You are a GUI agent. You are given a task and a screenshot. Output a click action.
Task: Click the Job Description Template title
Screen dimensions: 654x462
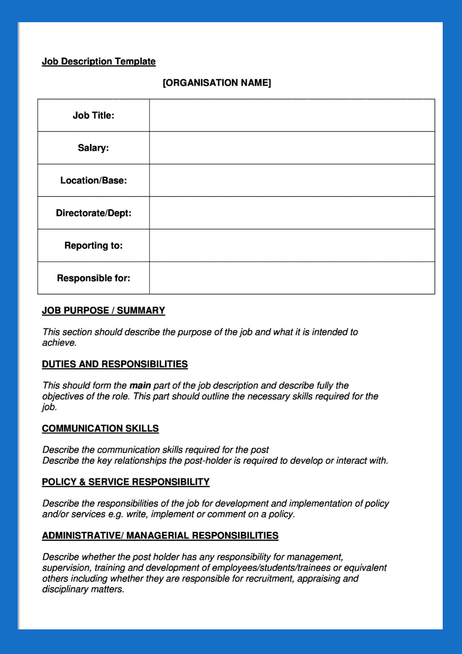[x=98, y=62]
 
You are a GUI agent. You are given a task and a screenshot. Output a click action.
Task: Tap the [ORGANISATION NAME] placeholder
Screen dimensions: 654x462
[x=216, y=83]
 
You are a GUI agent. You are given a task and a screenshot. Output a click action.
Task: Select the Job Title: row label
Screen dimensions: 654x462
[x=93, y=116]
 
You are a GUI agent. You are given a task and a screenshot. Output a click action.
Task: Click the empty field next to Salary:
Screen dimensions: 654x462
[x=292, y=148]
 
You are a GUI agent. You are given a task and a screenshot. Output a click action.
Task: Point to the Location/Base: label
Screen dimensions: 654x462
[x=93, y=181]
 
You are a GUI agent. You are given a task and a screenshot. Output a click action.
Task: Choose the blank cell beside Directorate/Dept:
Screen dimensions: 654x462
[x=292, y=213]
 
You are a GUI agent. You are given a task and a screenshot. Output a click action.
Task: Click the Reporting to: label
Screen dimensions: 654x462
[x=93, y=246]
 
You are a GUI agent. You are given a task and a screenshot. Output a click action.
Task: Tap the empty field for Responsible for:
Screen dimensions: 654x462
[x=292, y=278]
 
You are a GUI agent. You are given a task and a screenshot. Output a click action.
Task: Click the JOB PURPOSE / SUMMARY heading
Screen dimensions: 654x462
[x=103, y=311]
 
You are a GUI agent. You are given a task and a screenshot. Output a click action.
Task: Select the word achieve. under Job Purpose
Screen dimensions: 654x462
[x=59, y=343]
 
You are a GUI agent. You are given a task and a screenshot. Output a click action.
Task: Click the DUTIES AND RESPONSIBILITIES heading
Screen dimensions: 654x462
[x=115, y=364]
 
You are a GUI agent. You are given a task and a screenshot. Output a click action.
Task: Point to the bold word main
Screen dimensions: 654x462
[x=140, y=385]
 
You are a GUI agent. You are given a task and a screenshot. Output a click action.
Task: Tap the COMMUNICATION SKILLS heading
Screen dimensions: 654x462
[x=100, y=428]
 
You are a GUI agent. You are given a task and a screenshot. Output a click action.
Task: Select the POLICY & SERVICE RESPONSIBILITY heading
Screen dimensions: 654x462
[x=125, y=482]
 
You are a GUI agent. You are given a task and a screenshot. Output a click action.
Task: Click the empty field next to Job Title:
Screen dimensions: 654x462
[x=292, y=116]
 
